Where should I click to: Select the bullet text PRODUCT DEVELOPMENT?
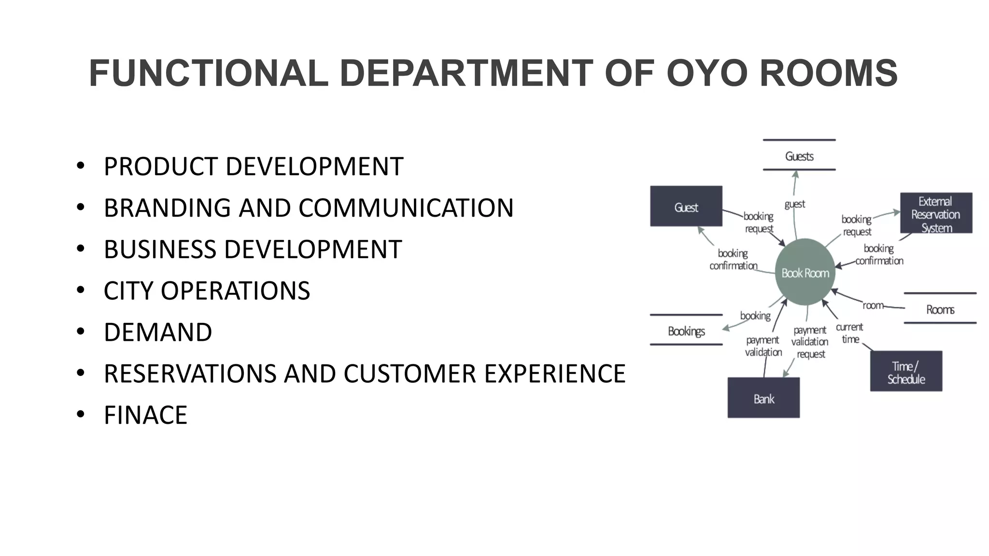253,167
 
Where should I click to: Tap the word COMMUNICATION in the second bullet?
406,208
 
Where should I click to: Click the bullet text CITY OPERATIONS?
207,291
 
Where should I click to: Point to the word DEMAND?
158,333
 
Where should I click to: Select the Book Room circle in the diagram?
805,273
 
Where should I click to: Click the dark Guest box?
686,207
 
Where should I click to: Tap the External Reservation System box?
935,214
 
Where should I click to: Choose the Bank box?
763,398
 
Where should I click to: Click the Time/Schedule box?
906,372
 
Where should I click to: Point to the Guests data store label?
799,156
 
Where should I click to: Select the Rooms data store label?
940,309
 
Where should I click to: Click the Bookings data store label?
686,331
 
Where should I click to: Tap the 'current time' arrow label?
849,333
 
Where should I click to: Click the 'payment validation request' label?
810,342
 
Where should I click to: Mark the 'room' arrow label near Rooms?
873,306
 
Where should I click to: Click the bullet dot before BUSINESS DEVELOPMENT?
81,249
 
